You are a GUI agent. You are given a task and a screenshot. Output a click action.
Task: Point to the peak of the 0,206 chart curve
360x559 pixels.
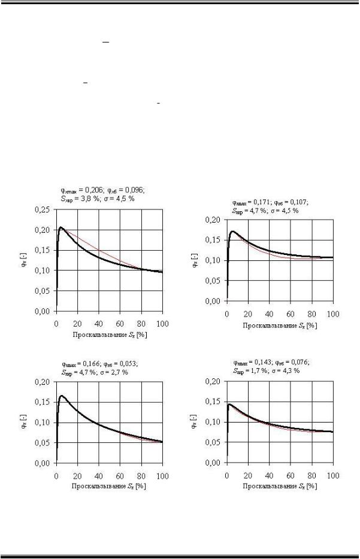pos(60,227)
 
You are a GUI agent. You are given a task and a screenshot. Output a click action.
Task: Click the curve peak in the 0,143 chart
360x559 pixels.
pos(229,404)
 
